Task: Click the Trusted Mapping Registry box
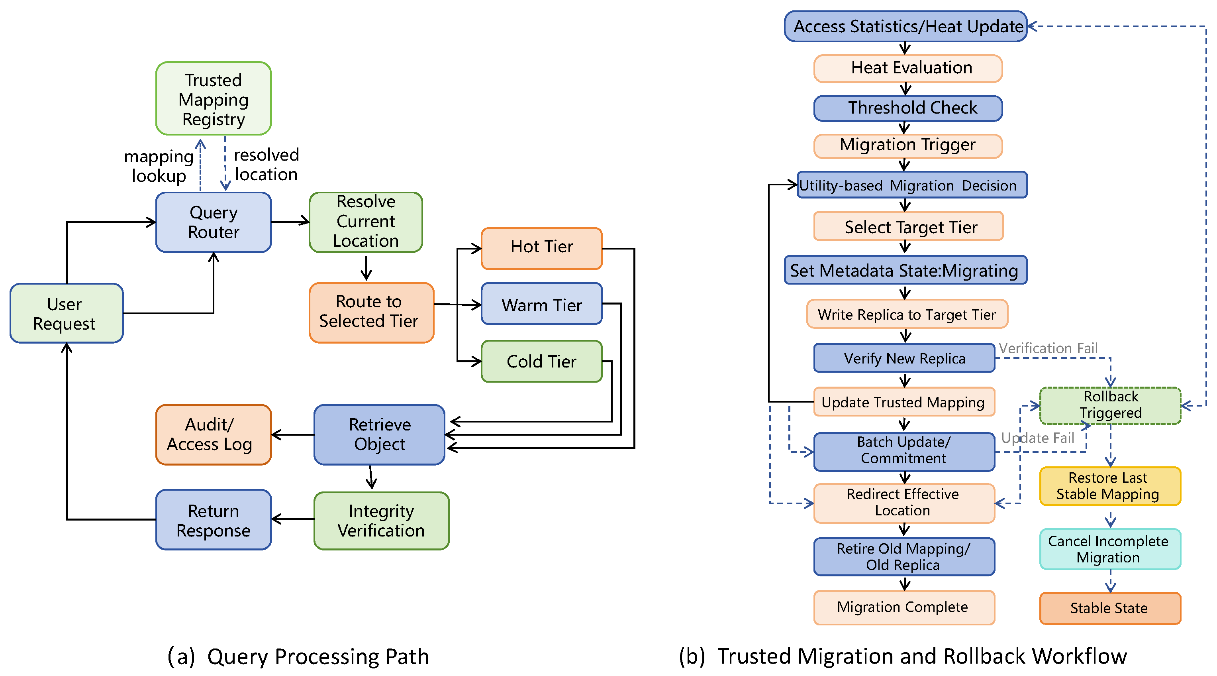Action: click(x=214, y=98)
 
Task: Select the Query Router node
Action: click(x=214, y=222)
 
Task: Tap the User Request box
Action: click(x=67, y=313)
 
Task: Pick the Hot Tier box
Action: click(x=541, y=249)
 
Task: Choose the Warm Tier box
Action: click(x=541, y=304)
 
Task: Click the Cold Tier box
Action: click(x=541, y=361)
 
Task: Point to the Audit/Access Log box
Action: click(x=214, y=434)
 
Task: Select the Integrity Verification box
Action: click(x=381, y=521)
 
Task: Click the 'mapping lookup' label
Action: click(x=159, y=166)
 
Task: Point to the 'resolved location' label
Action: click(x=267, y=165)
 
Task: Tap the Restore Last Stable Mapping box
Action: click(x=1110, y=486)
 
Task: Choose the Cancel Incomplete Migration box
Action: click(x=1110, y=549)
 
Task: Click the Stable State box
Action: click(x=1110, y=608)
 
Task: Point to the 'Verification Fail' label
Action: click(x=1048, y=348)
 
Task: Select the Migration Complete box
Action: click(x=904, y=607)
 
